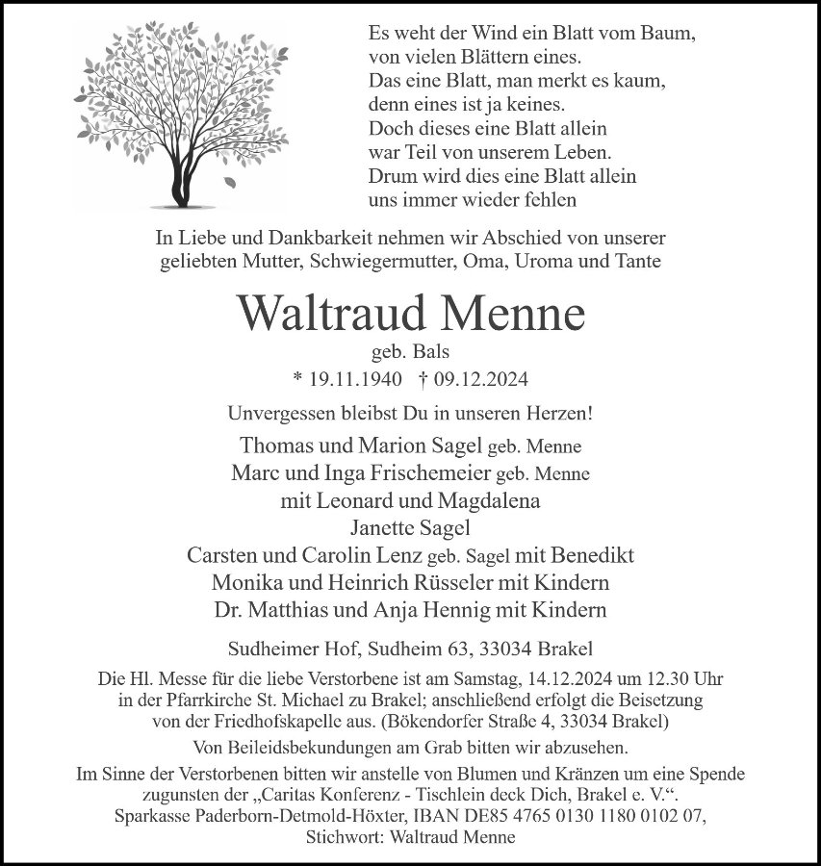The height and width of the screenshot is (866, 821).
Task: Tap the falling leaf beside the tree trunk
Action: [229, 181]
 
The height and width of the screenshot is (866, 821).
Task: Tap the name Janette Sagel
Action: [410, 527]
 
